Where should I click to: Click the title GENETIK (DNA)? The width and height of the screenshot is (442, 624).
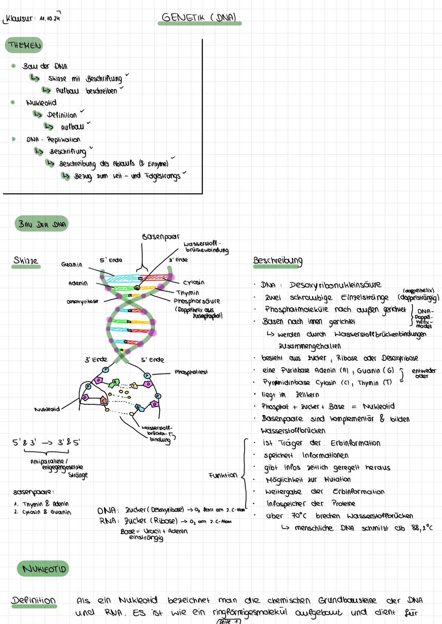point(199,17)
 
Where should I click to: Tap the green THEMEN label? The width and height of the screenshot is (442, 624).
point(24,45)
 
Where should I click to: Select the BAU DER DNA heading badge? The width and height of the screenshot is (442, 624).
point(41,224)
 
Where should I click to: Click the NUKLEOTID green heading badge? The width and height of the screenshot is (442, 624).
point(44,569)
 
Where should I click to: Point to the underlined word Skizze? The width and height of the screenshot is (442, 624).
point(25,261)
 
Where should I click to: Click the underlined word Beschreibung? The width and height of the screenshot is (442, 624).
point(277,261)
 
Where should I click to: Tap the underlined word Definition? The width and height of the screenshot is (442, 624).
point(33,600)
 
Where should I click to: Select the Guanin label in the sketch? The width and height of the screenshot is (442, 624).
point(72,265)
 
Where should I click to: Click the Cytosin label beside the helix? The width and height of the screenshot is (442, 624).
point(194,282)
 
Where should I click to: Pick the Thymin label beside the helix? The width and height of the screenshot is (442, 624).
point(187,293)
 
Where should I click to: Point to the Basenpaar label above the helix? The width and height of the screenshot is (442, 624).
point(160,237)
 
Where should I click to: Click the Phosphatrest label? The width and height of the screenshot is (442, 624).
point(191,372)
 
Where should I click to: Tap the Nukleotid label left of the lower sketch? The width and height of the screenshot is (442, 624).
point(47,409)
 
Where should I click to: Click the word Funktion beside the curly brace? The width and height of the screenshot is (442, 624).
point(223,475)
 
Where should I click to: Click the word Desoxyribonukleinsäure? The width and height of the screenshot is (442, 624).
point(335,285)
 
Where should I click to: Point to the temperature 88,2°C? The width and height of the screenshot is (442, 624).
point(422,528)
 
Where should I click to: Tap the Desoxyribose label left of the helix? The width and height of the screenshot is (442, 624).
point(82,302)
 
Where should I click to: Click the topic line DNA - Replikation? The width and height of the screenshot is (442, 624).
point(53,140)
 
